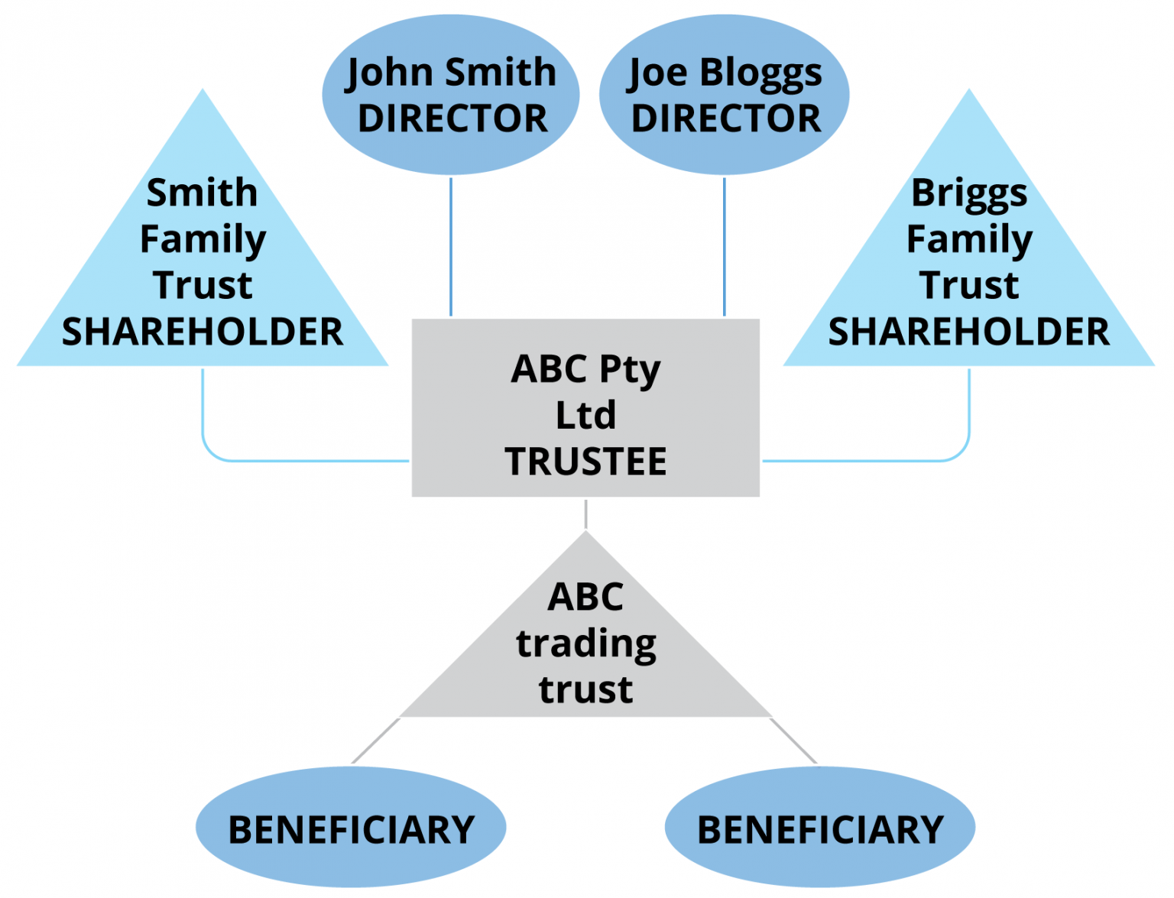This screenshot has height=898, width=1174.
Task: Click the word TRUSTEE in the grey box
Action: pyautogui.click(x=585, y=462)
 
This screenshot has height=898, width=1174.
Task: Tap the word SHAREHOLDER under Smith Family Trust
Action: pyautogui.click(x=203, y=332)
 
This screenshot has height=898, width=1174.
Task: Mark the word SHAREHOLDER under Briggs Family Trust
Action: pyautogui.click(x=969, y=332)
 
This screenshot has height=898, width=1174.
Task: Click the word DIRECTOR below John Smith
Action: pyautogui.click(x=452, y=119)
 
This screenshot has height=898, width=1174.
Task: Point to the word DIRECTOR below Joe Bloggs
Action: pyautogui.click(x=726, y=119)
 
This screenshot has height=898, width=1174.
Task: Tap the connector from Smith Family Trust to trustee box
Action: pyautogui.click(x=306, y=461)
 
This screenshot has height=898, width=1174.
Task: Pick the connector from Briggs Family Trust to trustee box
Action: pyautogui.click(x=864, y=461)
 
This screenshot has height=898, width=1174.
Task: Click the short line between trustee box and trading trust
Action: pyautogui.click(x=585, y=514)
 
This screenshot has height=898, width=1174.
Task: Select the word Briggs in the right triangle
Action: pyautogui.click(x=969, y=193)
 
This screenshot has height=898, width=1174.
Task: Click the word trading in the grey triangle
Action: pyautogui.click(x=585, y=644)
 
